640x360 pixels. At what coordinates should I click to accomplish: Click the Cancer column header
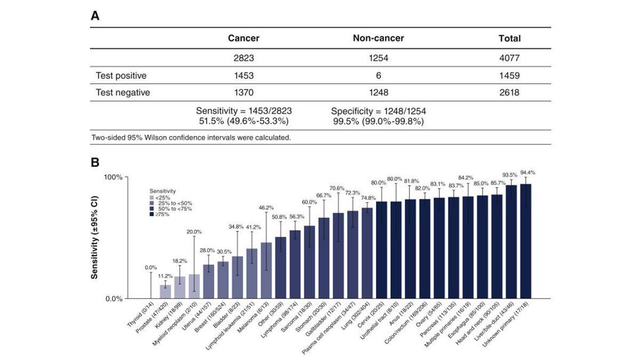[x=243, y=38]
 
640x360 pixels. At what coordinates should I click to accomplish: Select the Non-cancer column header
[x=378, y=38]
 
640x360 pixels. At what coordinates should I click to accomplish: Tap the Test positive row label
[x=121, y=75]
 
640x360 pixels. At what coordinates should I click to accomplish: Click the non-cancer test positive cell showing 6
[x=378, y=75]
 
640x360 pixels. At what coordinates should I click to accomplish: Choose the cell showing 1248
[x=378, y=92]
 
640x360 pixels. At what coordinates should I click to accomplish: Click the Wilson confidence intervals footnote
[x=191, y=137]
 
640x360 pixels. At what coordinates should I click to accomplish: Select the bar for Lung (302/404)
[x=367, y=253]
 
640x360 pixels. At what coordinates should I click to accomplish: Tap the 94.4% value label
[x=526, y=173]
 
